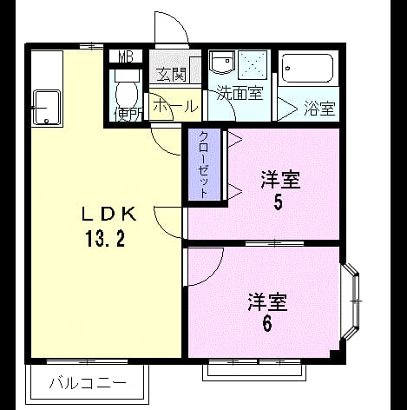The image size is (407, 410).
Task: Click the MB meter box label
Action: pyautogui.click(x=126, y=56)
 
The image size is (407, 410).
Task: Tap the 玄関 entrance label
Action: pyautogui.click(x=171, y=75)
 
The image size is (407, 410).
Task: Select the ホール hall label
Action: pyautogui.click(x=175, y=107)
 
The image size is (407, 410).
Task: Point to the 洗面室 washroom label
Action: pyautogui.click(x=240, y=93)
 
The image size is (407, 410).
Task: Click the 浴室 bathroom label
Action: pyautogui.click(x=319, y=109)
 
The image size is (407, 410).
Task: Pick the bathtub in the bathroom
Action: pyautogui.click(x=307, y=69)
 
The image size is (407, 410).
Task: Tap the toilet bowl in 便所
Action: pyautogui.click(x=127, y=93)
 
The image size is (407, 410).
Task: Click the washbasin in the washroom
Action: pyautogui.click(x=221, y=63)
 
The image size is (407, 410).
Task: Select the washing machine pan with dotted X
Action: pyautogui.click(x=253, y=65)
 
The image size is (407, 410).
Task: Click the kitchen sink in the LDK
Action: pyautogui.click(x=47, y=108)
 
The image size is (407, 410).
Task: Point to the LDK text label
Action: pyautogui.click(x=108, y=215)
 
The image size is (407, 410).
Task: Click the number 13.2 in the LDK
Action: pyautogui.click(x=105, y=240)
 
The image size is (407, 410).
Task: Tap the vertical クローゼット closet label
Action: pyautogui.click(x=204, y=164)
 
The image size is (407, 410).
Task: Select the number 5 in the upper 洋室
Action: pyautogui.click(x=278, y=202)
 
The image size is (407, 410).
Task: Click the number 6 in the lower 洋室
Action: pyautogui.click(x=267, y=324)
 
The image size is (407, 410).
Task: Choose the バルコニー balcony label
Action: pyautogui.click(x=88, y=383)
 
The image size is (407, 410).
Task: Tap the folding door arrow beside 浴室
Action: pyautogui.click(x=287, y=109)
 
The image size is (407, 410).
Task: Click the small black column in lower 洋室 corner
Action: pyautogui.click(x=334, y=354)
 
